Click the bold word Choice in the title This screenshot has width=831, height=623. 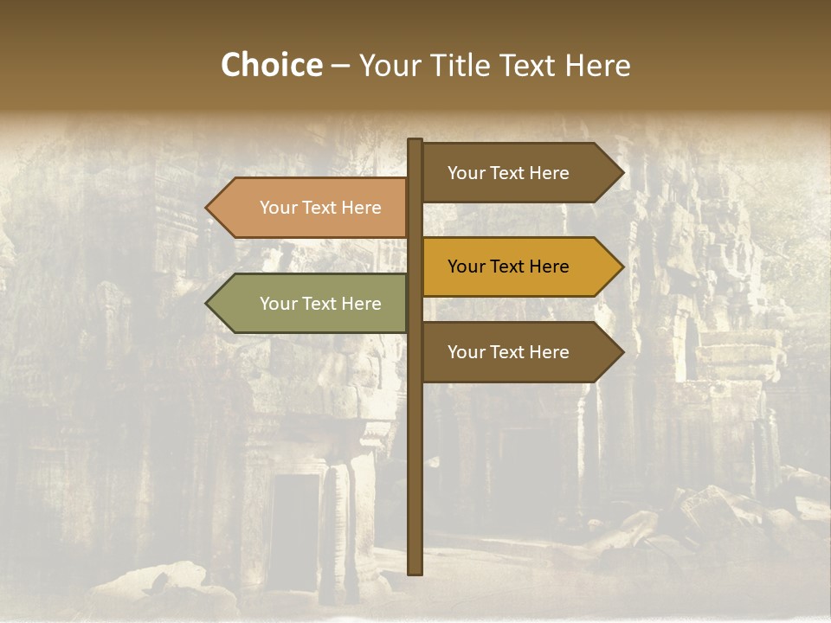pos(271,65)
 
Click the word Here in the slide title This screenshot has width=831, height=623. pos(597,65)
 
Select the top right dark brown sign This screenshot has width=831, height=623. pos(511,173)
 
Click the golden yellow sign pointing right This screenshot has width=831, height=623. pos(511,267)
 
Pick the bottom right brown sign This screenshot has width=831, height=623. pos(511,352)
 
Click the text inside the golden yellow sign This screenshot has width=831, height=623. pos(508,267)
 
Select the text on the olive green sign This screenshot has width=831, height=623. pos(320,304)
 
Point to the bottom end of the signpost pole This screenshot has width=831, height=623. pos(415,570)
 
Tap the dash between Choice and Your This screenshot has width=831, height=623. pos(340,66)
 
